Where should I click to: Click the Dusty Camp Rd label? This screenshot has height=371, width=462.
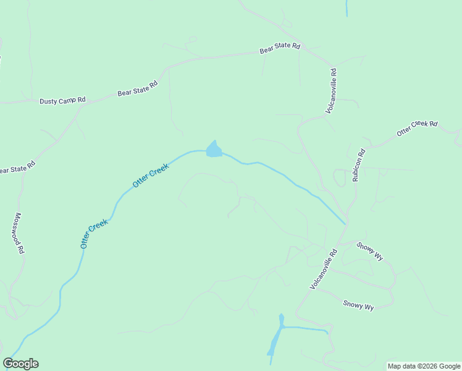[x=62, y=101]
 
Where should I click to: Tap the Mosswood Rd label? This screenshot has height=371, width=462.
[x=19, y=234]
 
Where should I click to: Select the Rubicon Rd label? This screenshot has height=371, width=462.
[x=359, y=165]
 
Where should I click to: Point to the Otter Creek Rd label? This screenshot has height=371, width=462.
[x=417, y=128]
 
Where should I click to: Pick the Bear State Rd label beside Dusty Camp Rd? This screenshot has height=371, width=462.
[x=138, y=88]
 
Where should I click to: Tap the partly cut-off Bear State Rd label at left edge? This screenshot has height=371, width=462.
[x=17, y=167]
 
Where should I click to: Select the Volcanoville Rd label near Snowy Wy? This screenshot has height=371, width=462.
[x=324, y=269]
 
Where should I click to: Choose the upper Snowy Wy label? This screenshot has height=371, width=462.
[x=370, y=251]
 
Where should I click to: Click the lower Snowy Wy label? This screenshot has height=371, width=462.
[x=359, y=305]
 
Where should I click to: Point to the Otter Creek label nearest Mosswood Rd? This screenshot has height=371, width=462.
[x=94, y=233]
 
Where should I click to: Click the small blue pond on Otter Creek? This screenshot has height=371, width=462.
[x=214, y=150]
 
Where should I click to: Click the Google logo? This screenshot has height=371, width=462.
[x=20, y=364]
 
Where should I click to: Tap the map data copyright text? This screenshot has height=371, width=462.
[x=424, y=366]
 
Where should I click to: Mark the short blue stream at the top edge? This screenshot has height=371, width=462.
[x=346, y=8]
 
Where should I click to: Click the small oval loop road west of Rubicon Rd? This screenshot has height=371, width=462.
[x=339, y=178]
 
